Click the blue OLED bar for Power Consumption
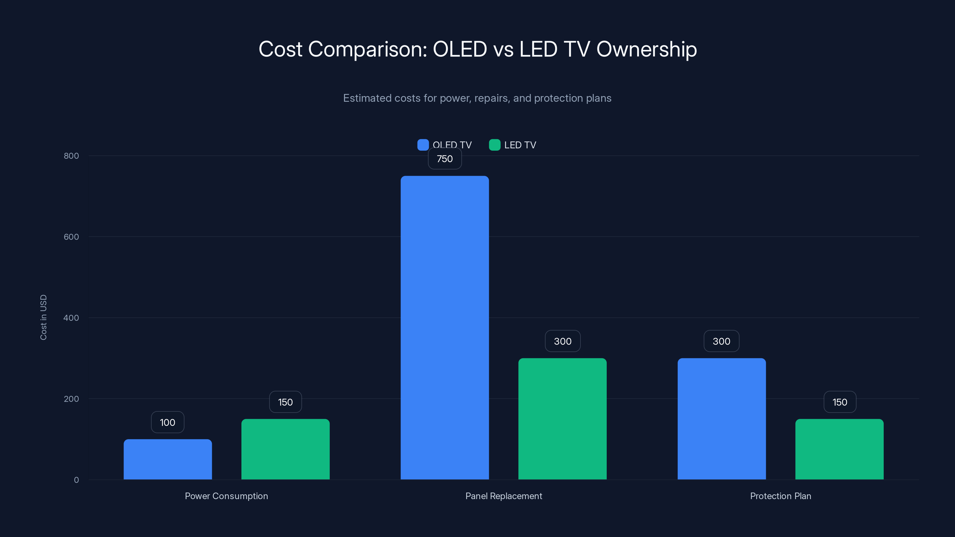click(x=167, y=459)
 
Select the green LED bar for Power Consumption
click(x=286, y=449)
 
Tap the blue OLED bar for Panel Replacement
click(x=444, y=328)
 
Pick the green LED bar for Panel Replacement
click(x=562, y=419)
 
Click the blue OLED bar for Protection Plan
click(x=721, y=419)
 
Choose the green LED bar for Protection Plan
click(x=839, y=449)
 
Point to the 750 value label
click(x=444, y=159)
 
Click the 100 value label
click(x=167, y=422)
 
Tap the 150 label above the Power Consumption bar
click(x=286, y=402)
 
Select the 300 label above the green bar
click(x=562, y=341)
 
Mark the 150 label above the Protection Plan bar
click(x=840, y=402)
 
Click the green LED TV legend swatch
click(x=495, y=145)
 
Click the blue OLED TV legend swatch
click(x=423, y=145)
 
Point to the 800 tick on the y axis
click(x=71, y=156)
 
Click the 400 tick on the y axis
click(x=71, y=318)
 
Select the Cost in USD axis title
click(x=43, y=317)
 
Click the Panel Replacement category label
click(x=503, y=496)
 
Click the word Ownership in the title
click(x=646, y=49)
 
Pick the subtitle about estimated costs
click(x=477, y=98)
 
